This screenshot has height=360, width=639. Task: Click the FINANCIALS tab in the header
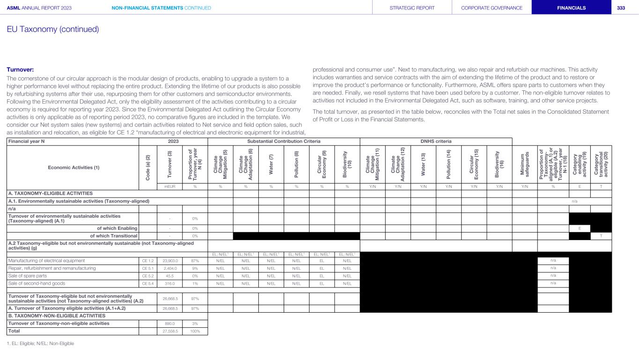click(x=571, y=7)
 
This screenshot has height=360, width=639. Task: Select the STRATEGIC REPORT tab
click(x=412, y=7)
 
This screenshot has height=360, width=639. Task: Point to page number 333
click(x=621, y=7)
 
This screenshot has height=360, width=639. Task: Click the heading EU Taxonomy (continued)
click(x=52, y=29)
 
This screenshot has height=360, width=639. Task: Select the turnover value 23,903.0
click(x=169, y=260)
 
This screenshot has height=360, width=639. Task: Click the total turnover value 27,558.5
click(x=169, y=331)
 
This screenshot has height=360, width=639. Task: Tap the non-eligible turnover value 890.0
click(x=169, y=323)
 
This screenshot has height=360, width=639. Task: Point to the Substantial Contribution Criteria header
click(x=284, y=141)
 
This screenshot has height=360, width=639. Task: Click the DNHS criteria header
click(x=435, y=141)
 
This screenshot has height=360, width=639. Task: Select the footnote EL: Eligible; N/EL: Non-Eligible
click(x=40, y=343)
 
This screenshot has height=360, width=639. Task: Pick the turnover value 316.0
click(x=169, y=283)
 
